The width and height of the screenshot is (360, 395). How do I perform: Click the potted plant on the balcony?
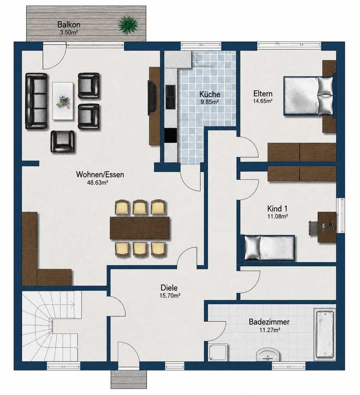tap(128, 25)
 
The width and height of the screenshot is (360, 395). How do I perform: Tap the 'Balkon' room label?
tap(69, 24)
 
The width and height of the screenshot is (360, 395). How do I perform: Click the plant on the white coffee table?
tap(62, 101)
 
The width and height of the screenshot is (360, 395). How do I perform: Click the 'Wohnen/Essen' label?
tap(100, 174)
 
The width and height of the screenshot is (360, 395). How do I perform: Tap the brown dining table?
tap(140, 228)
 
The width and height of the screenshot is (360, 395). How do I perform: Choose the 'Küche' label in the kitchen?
tap(210, 94)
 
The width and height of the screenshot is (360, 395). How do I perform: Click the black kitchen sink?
tap(171, 97)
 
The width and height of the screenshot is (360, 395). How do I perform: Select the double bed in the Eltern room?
tap(309, 96)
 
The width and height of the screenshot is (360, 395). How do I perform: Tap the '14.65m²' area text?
tap(263, 101)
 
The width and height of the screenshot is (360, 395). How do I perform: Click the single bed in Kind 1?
tap(269, 248)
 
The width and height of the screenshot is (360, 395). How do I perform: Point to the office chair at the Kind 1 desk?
tap(314, 228)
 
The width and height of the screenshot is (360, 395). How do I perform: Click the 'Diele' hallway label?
tap(169, 288)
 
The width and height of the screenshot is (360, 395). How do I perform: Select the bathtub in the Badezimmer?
tap(325, 334)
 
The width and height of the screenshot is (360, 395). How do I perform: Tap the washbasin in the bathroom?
tap(268, 355)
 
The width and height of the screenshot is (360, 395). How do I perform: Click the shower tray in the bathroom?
tap(218, 353)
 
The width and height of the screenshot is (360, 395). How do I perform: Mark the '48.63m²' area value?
tap(98, 183)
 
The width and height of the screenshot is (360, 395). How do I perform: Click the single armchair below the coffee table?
tap(62, 141)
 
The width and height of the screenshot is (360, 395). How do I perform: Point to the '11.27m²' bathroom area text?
tap(270, 330)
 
